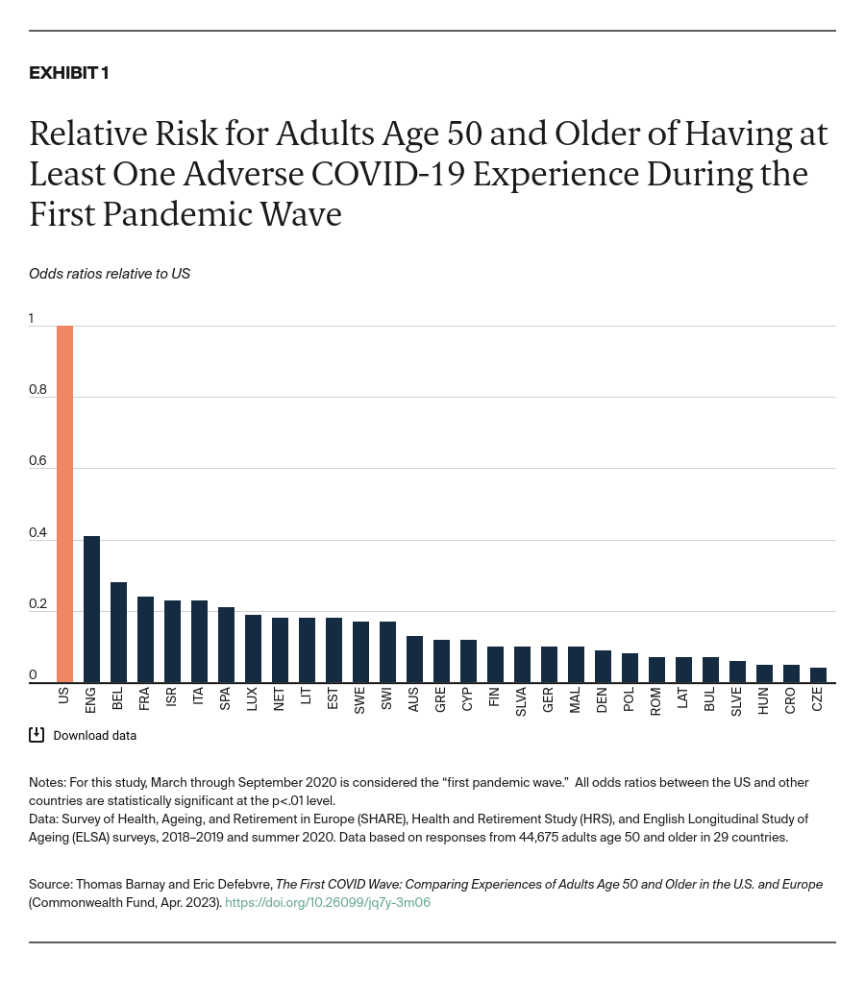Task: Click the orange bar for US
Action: coord(64,504)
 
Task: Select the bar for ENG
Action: coord(91,609)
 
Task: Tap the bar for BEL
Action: coord(118,632)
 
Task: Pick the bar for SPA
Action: coord(226,645)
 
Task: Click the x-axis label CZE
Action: coord(818,699)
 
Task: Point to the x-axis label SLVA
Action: coord(522,701)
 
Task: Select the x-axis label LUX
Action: coord(253,699)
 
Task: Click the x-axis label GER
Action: coord(549,699)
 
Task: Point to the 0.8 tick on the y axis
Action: coord(37,389)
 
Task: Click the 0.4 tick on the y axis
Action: coord(37,532)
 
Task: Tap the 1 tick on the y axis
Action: coord(32,318)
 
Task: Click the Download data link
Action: coord(94,736)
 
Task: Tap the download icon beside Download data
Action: coord(37,735)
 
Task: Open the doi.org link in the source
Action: coord(327,902)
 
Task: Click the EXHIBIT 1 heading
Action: coord(68,73)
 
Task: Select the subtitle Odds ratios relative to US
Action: coord(110,274)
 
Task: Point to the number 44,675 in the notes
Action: coord(507,837)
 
